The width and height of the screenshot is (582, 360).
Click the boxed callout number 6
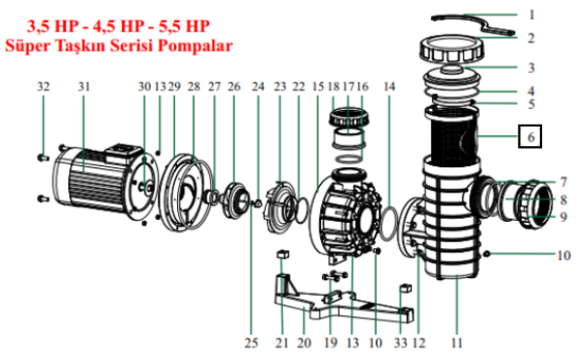530,136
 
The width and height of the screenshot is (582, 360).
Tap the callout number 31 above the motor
84,87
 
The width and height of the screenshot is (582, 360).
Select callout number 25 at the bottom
251,342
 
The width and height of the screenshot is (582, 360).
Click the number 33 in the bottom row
401,342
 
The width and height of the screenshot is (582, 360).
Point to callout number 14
389,87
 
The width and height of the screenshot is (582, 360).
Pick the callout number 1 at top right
531,15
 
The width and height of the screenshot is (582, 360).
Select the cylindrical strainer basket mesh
454,135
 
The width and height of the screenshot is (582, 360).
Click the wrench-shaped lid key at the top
473,23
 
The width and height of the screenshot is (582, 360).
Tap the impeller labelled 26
235,199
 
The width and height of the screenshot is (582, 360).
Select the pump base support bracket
344,301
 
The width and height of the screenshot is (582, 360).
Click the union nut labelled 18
348,117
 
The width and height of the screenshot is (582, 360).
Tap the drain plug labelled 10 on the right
488,254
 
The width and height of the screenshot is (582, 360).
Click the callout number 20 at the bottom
304,342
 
